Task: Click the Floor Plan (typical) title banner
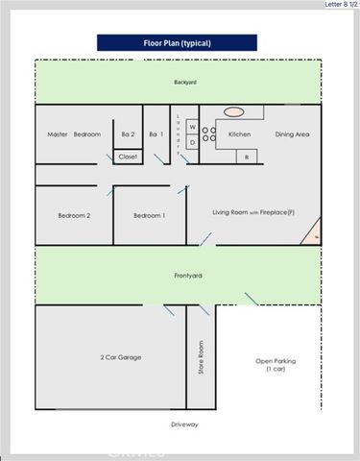coord(179,43)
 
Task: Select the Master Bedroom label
coord(74,134)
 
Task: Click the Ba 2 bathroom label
coord(128,134)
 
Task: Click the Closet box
coord(128,156)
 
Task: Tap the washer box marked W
coord(192,127)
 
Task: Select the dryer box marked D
coord(192,143)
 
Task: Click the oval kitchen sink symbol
coord(234,112)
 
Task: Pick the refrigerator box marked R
coord(246,157)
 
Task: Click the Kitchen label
coord(239,134)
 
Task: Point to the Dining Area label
coord(292,134)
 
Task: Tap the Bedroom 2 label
coord(74,216)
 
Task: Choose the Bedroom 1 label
coord(149,216)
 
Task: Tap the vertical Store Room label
coord(202,357)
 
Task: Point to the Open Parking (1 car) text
coord(272,364)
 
